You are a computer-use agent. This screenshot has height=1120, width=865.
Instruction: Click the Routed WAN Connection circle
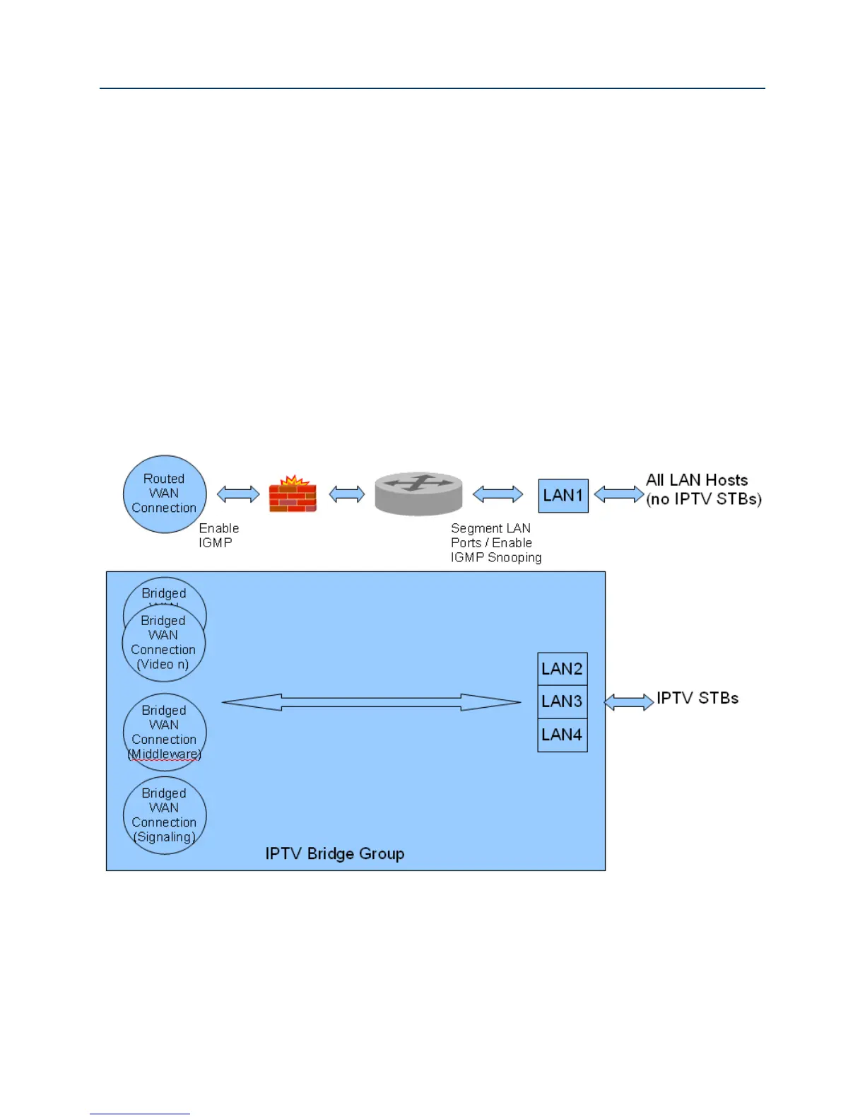[x=165, y=494]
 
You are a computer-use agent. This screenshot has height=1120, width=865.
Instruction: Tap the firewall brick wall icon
[x=293, y=494]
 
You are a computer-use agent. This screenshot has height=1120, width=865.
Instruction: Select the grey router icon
[x=418, y=494]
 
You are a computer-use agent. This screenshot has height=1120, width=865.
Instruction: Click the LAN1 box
[x=563, y=496]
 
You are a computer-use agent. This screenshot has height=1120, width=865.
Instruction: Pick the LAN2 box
[x=563, y=669]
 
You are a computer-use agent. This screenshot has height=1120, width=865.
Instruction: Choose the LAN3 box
[x=563, y=701]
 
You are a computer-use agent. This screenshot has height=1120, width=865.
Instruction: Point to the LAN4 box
[x=563, y=735]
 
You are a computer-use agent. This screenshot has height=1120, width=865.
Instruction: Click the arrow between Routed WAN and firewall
[x=238, y=494]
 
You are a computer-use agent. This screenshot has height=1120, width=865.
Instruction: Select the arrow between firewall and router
[x=346, y=494]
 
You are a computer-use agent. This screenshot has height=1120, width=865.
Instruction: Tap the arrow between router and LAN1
[x=498, y=494]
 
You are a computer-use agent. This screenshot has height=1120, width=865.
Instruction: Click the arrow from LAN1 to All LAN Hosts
[x=618, y=494]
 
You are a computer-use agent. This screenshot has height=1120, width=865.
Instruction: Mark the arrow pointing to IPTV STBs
[x=629, y=702]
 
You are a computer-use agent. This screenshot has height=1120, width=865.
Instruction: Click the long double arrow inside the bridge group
[x=371, y=702]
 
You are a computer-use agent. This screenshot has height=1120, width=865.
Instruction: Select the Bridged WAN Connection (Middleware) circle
[x=165, y=732]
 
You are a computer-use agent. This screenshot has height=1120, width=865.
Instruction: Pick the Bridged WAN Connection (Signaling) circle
[x=165, y=815]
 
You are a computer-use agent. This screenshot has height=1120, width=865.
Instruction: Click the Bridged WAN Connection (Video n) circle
[x=164, y=643]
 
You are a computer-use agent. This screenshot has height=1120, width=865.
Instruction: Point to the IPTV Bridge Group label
[x=335, y=853]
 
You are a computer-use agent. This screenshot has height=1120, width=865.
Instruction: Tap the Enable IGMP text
[x=218, y=535]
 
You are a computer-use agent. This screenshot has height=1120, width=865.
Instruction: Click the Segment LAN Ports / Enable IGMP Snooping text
[x=495, y=543]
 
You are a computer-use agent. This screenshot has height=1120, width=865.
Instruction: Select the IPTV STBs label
[x=698, y=699]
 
